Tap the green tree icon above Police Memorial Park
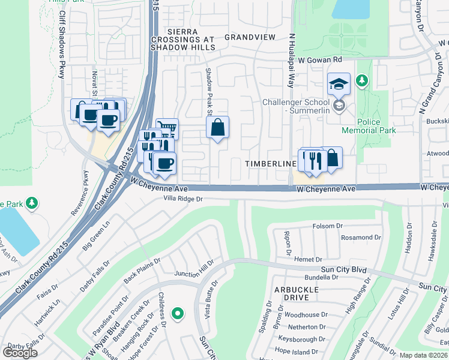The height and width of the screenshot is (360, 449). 361,80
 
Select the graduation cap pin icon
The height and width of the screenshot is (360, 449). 339,83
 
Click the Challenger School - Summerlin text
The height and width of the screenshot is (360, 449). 297,106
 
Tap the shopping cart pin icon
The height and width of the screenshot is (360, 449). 167,128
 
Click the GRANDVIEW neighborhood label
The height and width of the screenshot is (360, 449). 250,37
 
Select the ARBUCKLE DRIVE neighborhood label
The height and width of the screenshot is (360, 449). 294,293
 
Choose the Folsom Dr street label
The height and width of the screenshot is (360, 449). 327,226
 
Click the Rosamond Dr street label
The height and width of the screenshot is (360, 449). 361,238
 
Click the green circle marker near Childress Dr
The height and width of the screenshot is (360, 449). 177,313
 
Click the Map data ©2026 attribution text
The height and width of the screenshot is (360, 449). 423,355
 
